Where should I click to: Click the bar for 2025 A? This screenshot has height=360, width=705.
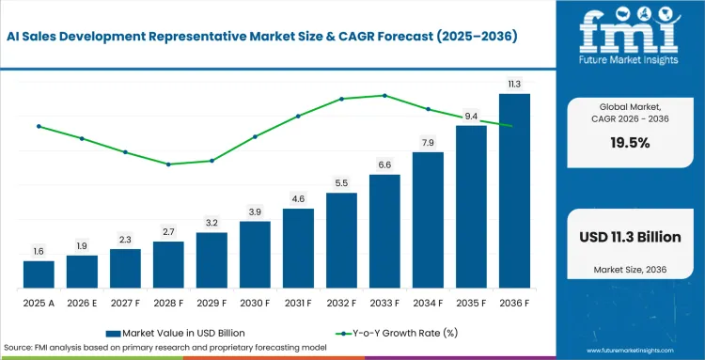tap(39, 274)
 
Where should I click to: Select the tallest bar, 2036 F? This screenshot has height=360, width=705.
tap(514, 191)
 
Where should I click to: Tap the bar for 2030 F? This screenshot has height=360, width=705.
tap(255, 255)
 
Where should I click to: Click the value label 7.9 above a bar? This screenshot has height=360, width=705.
tap(428, 144)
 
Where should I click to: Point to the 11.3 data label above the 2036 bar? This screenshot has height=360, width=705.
tap(514, 85)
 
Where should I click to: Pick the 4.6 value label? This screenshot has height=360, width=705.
tap(299, 199)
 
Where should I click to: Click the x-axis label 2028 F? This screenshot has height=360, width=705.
tap(168, 304)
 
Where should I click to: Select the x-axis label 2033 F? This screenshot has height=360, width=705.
tap(384, 304)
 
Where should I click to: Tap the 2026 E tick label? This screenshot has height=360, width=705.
tap(82, 304)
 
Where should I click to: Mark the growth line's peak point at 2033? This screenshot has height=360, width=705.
tap(384, 95)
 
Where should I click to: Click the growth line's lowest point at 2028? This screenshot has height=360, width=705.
tap(168, 164)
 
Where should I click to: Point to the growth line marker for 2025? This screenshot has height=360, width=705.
tap(39, 126)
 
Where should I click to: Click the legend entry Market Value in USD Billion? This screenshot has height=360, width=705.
tap(176, 333)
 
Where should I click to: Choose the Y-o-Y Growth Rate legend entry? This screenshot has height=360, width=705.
tap(397, 333)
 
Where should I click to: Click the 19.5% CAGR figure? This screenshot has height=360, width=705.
tap(630, 143)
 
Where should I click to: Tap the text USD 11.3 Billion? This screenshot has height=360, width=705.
tap(630, 237)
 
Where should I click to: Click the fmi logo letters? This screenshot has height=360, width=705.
tap(629, 31)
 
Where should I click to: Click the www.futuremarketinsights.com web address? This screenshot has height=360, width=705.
tap(630, 351)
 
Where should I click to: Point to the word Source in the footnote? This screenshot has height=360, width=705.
tap(16, 348)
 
